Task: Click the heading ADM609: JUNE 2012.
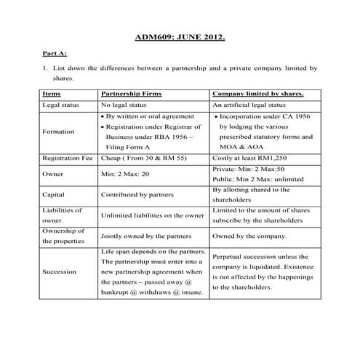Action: click(x=180, y=36)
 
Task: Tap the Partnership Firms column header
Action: click(x=131, y=94)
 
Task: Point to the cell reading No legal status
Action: click(x=127, y=105)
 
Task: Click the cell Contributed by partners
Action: click(x=140, y=195)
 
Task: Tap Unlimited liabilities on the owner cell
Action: click(x=152, y=215)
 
